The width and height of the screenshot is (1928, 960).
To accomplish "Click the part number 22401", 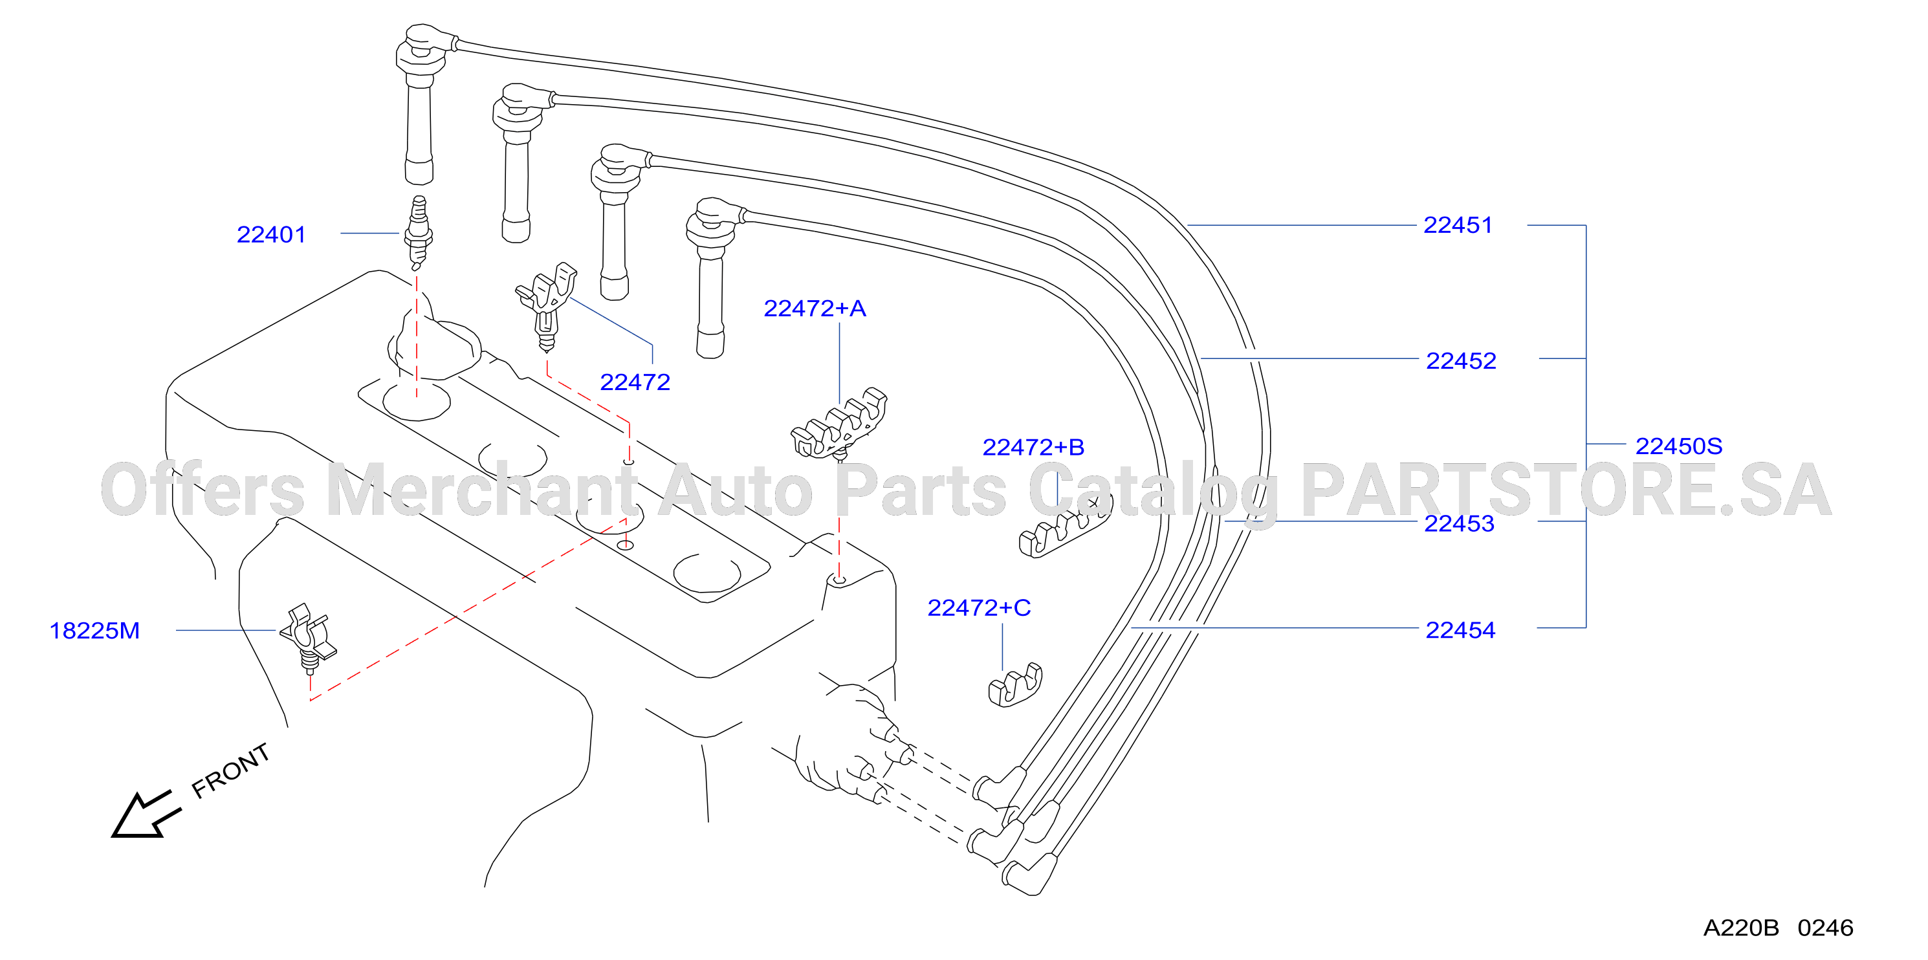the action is pos(271,235).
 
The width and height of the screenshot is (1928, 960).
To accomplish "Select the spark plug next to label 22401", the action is pos(419,233).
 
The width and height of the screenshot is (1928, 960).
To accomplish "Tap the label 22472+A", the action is pos(815,309).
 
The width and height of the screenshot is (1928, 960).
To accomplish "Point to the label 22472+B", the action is pos(1033,448).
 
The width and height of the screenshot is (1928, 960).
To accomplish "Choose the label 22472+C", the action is pos(979,607).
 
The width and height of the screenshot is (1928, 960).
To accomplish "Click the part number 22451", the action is pos(1457,225).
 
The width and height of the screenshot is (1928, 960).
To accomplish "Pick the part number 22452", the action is pos(1461,361).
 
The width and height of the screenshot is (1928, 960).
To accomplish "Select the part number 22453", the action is pos(1459,524).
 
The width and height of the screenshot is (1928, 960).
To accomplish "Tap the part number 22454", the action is pos(1460,630).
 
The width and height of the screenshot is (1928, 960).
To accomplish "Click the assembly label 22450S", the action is pos(1678,446).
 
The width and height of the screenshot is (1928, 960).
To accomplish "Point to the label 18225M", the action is pos(94,631).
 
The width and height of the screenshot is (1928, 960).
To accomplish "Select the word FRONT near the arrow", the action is pos(230,770).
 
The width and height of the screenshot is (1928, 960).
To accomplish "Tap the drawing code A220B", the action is pos(1741,928).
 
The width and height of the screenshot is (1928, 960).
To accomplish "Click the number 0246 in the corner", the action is pos(1826,928).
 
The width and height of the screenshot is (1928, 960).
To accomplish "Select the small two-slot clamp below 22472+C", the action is pos(1015,684).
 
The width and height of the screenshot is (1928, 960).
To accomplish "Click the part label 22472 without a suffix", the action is pos(635,382).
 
